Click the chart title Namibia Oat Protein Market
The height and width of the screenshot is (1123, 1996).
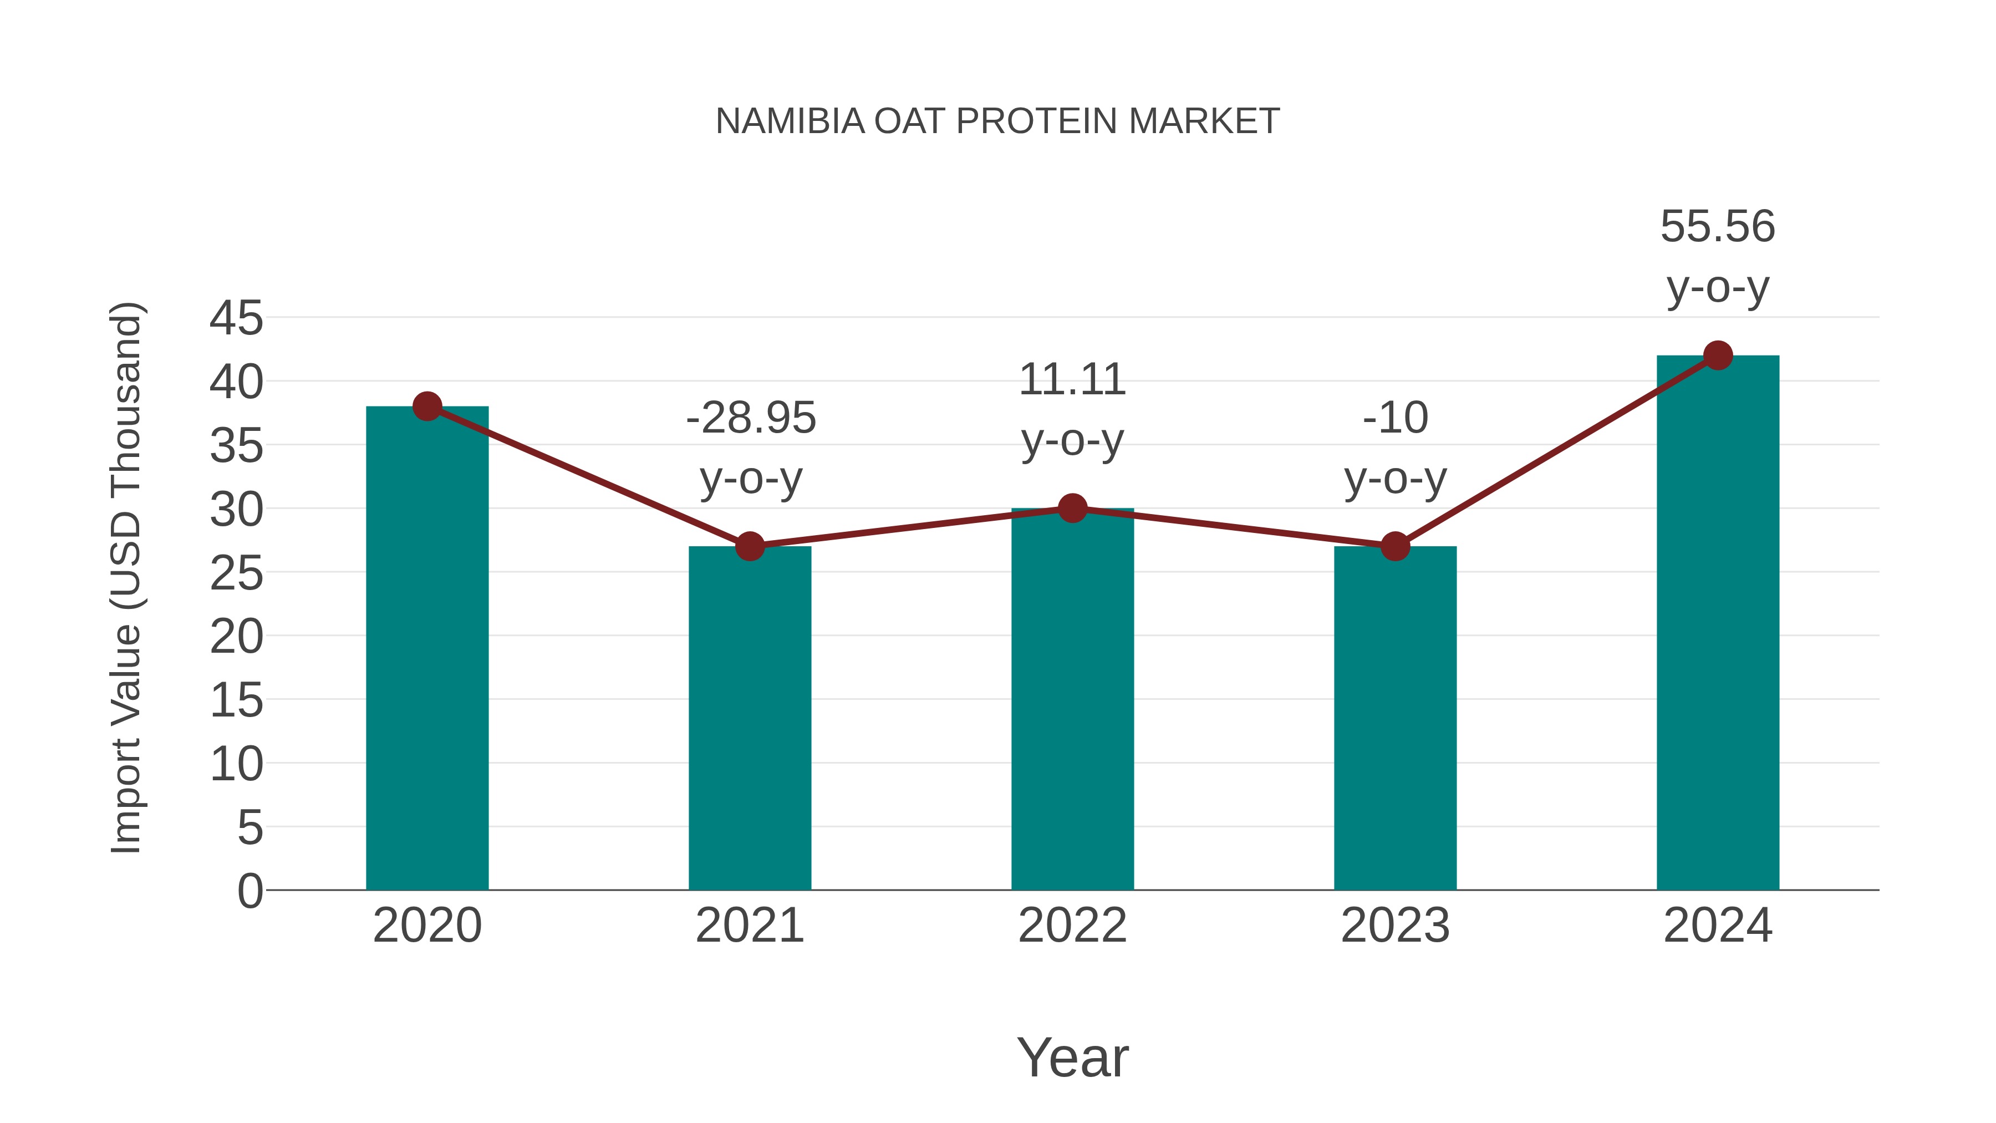tap(997, 121)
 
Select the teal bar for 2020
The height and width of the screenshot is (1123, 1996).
tap(427, 651)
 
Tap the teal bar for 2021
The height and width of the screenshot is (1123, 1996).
tap(749, 721)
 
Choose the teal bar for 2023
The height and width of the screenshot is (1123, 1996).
tap(1395, 721)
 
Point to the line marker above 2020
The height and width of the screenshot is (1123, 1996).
tap(427, 406)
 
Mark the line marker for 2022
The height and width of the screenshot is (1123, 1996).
tap(1072, 509)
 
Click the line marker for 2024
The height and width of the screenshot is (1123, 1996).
tap(1718, 355)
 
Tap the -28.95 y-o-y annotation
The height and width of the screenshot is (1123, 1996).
tap(751, 448)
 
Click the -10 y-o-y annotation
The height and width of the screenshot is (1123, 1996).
tap(1395, 448)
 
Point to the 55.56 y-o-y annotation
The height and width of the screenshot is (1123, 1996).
tap(1718, 257)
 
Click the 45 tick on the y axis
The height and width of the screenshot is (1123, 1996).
tap(236, 318)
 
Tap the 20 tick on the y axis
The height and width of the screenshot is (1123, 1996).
tap(236, 637)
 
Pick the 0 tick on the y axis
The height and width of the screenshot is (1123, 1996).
tap(249, 891)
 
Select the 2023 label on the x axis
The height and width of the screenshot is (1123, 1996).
tap(1395, 926)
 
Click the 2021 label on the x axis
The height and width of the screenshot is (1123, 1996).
tap(749, 926)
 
